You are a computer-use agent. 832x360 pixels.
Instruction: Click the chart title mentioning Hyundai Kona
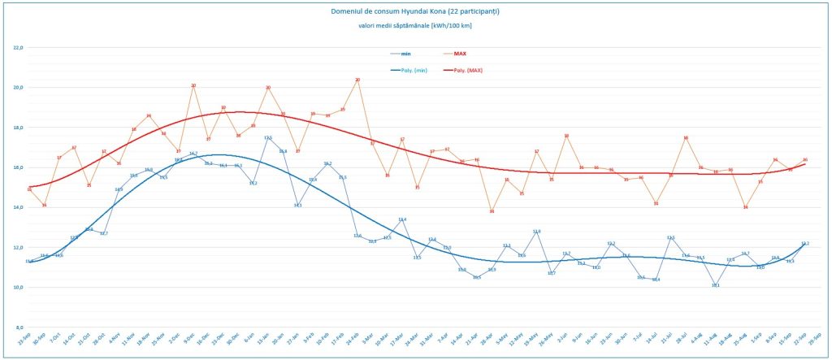[x=415, y=11]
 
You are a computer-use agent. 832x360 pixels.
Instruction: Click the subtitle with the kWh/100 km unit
[x=415, y=26]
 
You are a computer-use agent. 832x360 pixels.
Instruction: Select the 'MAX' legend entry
[x=459, y=54]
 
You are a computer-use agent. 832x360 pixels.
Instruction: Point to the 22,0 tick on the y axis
[x=18, y=48]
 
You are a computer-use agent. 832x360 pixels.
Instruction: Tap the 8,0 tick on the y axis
[x=18, y=327]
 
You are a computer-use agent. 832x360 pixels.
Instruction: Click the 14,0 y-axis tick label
[x=18, y=207]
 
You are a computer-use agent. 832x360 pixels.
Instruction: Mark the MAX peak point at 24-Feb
[x=357, y=80]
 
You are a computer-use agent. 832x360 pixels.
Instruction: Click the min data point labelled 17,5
[x=268, y=137]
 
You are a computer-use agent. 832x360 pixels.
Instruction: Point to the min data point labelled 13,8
[x=536, y=232]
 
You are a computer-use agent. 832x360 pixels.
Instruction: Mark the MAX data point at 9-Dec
[x=193, y=85]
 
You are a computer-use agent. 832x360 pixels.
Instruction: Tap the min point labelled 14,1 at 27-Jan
[x=298, y=205]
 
